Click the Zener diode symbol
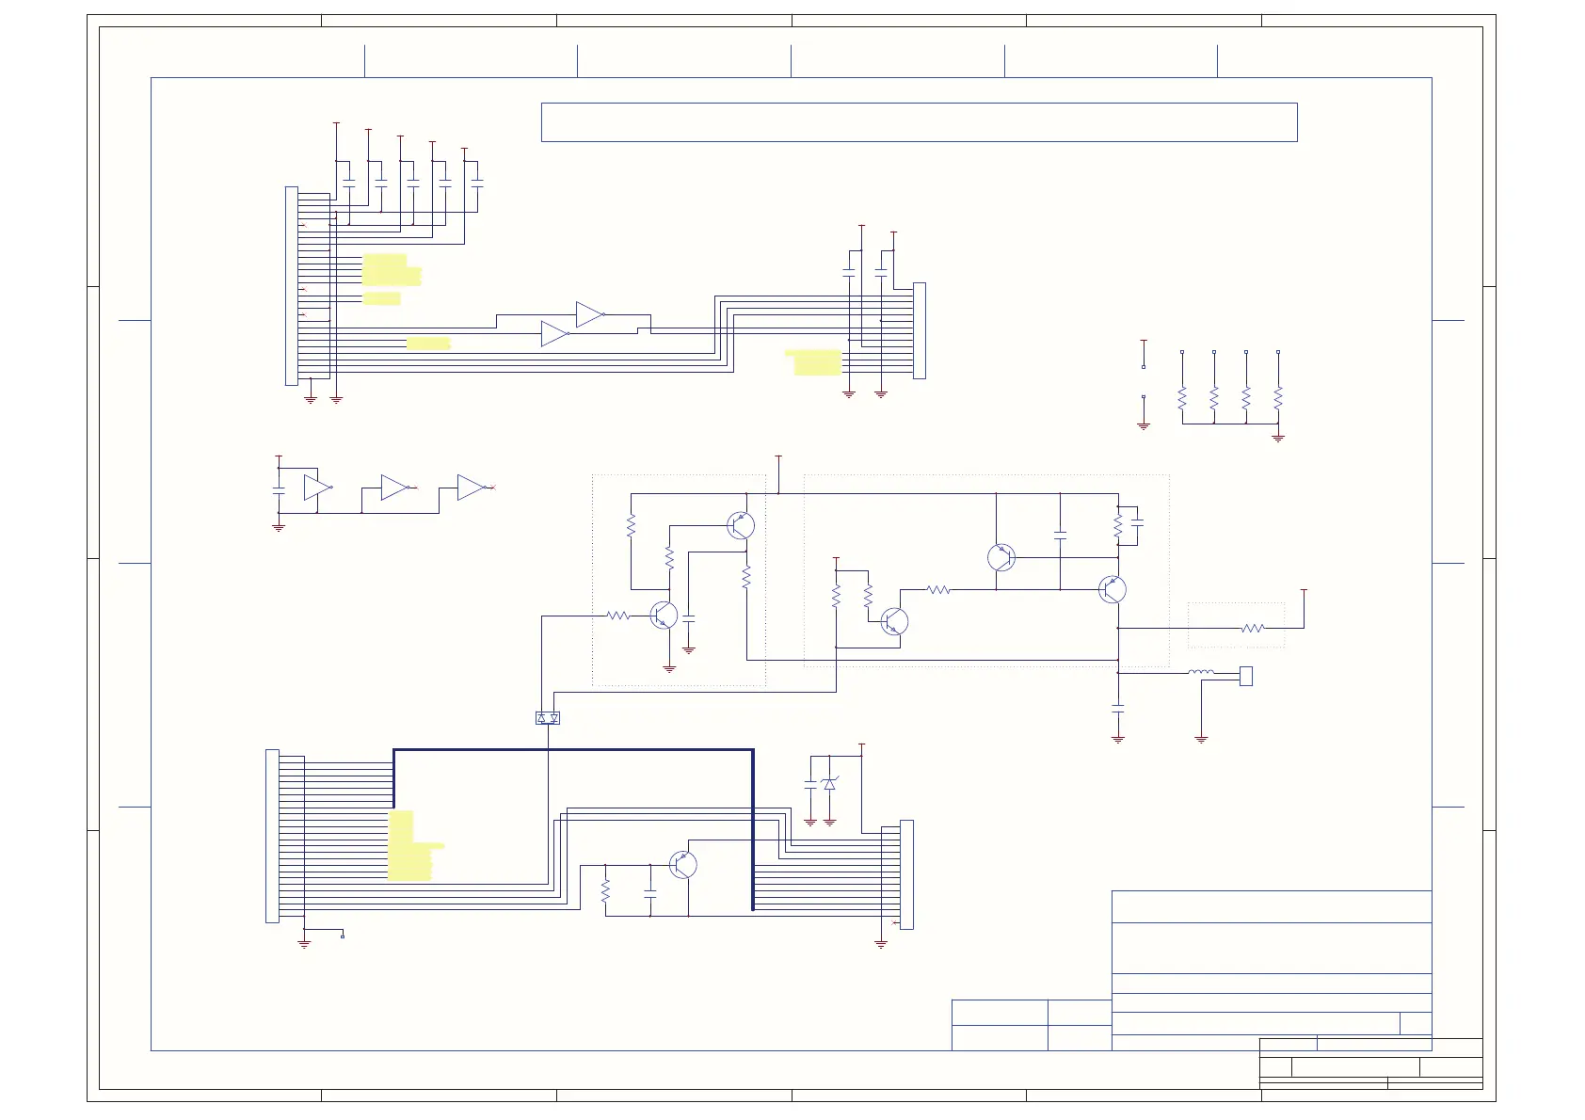tap(829, 784)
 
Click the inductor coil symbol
tap(1200, 672)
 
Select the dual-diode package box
tap(548, 718)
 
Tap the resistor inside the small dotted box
tap(1252, 628)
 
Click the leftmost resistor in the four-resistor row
tap(1182, 398)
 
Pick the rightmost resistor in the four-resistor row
tap(1278, 398)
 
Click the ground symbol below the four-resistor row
tap(1278, 438)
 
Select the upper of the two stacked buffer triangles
tap(589, 314)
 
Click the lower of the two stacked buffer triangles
tap(554, 334)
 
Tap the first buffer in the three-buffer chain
tap(317, 488)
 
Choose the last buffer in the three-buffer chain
tap(470, 488)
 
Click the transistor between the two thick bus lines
tap(683, 865)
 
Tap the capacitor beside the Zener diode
tap(810, 783)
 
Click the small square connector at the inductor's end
tap(1246, 676)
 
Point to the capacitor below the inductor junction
tap(1118, 707)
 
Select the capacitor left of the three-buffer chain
tap(279, 491)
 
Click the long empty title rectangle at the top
tap(919, 122)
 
